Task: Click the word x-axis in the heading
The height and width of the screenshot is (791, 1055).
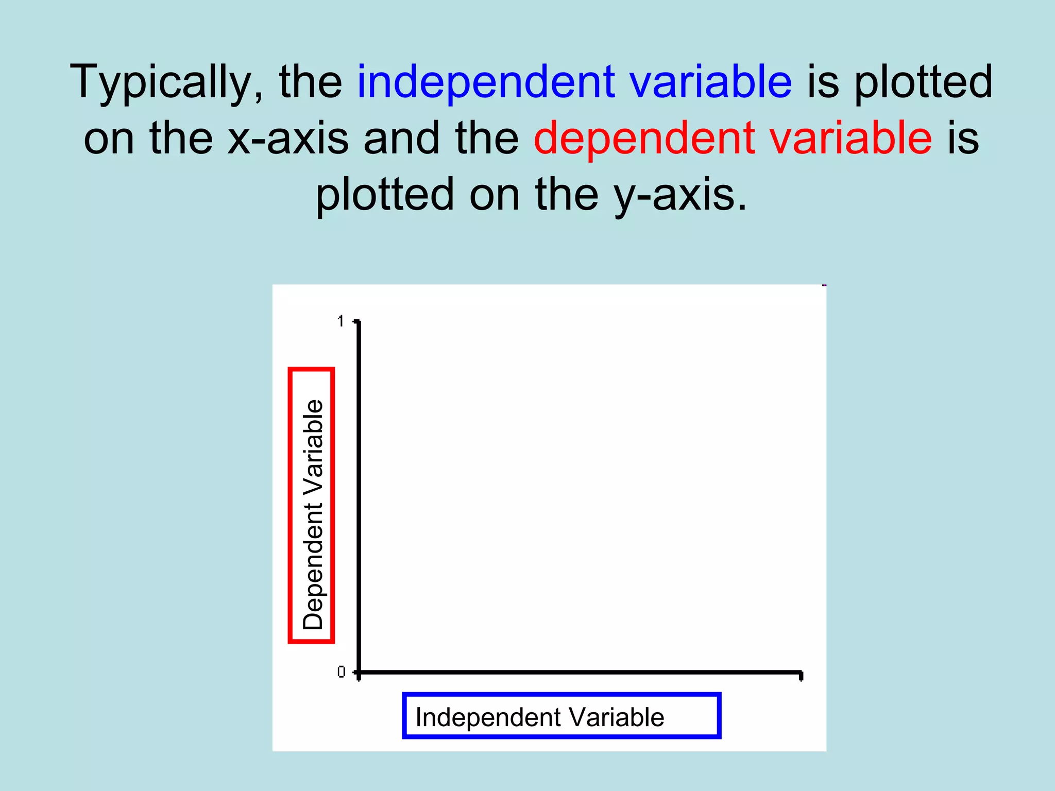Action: click(x=288, y=138)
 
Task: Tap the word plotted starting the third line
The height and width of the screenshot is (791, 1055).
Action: click(x=384, y=195)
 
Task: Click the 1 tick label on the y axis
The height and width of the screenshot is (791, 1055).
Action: click(x=341, y=321)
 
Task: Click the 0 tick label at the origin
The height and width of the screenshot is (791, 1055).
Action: click(x=341, y=672)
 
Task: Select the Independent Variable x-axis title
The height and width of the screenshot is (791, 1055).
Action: click(x=539, y=717)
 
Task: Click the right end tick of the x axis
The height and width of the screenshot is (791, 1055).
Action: click(x=801, y=675)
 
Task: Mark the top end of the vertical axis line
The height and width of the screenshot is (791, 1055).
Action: click(x=359, y=323)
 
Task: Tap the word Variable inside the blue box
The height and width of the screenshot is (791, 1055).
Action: click(x=617, y=717)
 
